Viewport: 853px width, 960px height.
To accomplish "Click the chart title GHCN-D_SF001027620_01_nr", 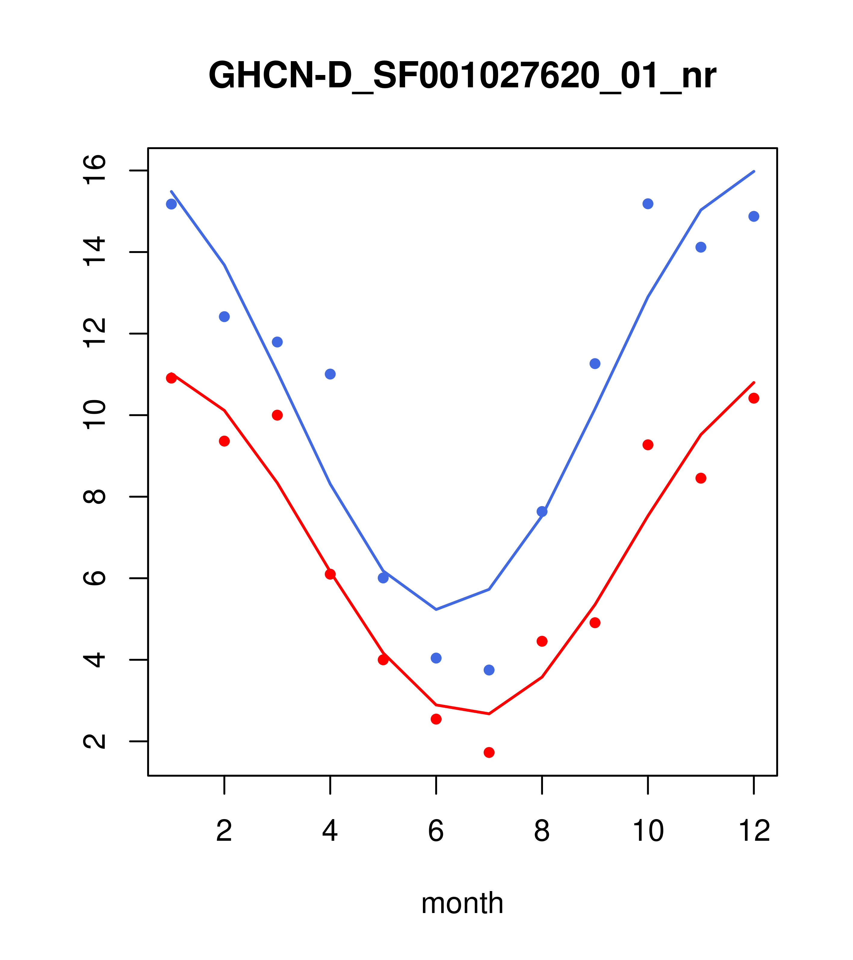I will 462,76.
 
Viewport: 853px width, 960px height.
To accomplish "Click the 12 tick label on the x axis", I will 754,831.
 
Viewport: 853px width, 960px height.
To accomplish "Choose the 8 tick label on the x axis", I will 542,831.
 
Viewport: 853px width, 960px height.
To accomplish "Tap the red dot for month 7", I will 489,753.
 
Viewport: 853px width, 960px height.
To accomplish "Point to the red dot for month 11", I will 701,478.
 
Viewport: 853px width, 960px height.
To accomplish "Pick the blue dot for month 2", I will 225,316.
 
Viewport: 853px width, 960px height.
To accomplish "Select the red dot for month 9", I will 595,623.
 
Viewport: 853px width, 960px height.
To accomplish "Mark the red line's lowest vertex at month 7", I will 489,714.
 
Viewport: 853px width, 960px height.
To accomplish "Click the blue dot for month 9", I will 595,363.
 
